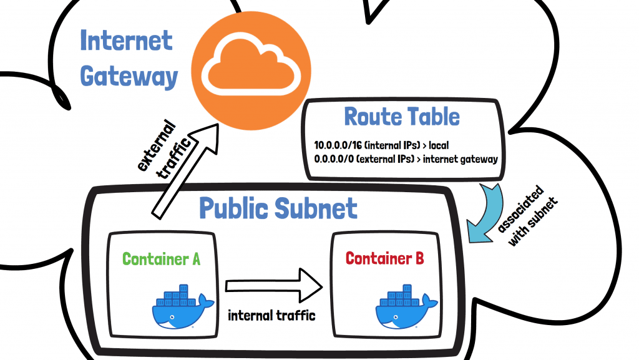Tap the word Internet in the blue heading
pyautogui.click(x=126, y=41)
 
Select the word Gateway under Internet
pyautogui.click(x=129, y=76)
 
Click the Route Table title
pyautogui.click(x=402, y=117)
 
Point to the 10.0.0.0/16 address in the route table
pyautogui.click(x=339, y=145)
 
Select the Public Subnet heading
pyautogui.click(x=278, y=208)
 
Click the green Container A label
pyautogui.click(x=161, y=259)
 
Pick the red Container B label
pyautogui.click(x=385, y=258)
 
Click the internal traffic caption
pyautogui.click(x=272, y=315)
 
